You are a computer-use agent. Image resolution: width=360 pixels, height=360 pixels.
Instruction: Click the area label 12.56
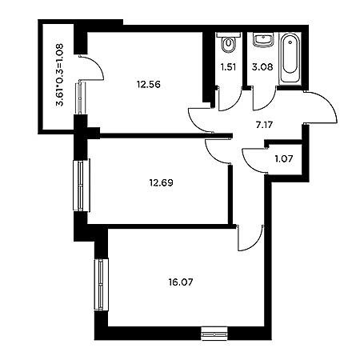tap(149, 85)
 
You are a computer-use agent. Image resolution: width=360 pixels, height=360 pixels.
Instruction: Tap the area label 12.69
tap(161, 183)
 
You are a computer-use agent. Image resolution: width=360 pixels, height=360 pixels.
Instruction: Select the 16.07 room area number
tap(181, 282)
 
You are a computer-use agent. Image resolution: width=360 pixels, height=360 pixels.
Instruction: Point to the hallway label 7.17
tap(264, 125)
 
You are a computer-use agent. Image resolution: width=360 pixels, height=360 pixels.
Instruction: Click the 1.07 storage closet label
tap(284, 159)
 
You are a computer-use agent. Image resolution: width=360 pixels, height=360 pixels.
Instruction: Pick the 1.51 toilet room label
tap(229, 67)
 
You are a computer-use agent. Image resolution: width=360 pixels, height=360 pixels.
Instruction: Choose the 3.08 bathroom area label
tap(262, 67)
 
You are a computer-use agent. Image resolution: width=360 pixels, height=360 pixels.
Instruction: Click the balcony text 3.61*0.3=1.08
tap(60, 75)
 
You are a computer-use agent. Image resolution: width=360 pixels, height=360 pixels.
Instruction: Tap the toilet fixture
tap(229, 42)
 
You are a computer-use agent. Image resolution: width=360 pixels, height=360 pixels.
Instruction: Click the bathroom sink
tap(263, 40)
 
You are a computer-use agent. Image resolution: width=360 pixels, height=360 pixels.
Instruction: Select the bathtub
tap(290, 58)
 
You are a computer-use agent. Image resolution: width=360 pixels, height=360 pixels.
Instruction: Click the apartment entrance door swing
tap(321, 107)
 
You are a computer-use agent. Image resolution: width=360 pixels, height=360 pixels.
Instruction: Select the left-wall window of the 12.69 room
tap(82, 186)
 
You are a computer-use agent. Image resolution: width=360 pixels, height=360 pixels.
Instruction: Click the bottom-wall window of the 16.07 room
tap(214, 334)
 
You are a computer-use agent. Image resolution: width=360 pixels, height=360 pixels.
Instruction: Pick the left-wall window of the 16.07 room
tap(102, 284)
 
